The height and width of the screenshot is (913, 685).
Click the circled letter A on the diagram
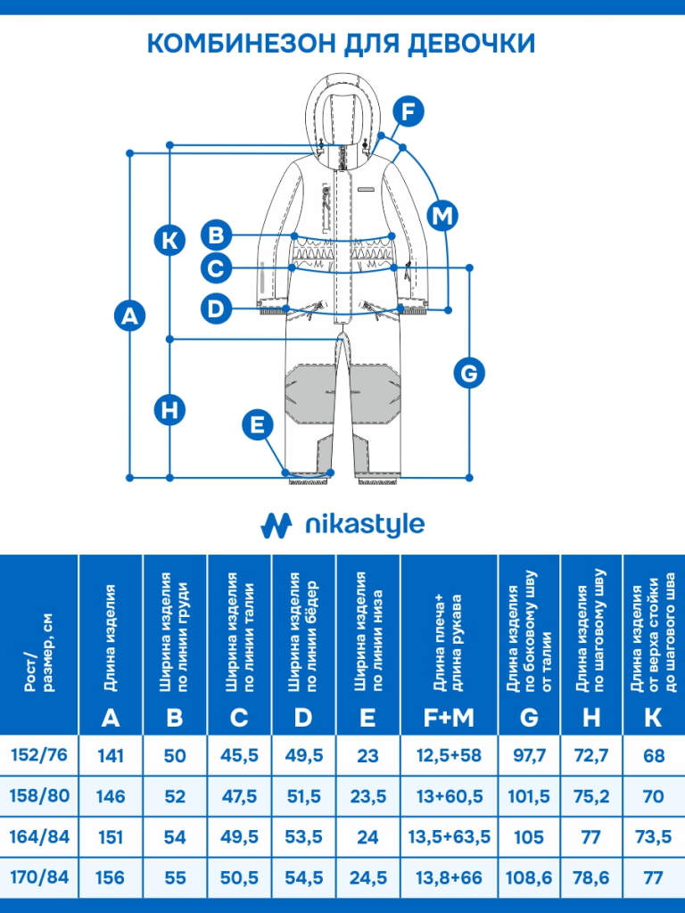point(131,316)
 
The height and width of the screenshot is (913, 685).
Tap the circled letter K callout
point(169,239)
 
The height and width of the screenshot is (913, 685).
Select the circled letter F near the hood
point(408,112)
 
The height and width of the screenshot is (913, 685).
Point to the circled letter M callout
point(442,215)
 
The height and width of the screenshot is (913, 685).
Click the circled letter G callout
point(470,372)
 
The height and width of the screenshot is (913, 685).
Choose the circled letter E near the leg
point(258,425)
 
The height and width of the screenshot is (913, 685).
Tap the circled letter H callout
point(169,410)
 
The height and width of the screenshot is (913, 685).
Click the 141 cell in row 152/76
point(111,756)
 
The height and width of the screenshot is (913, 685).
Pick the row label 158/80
point(39,795)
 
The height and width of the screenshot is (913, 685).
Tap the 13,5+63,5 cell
point(449,837)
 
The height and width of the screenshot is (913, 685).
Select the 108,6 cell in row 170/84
point(529,878)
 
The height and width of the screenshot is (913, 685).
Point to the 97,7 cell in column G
point(529,756)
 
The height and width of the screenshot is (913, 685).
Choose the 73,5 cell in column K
point(654,837)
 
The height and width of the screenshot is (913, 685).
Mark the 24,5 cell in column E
point(367,878)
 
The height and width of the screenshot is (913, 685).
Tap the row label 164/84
point(39,837)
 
